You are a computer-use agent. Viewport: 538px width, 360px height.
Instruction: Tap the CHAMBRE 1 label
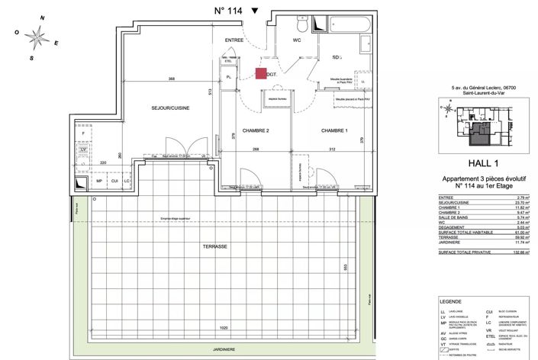coord(334,130)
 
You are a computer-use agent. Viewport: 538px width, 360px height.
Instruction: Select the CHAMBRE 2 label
coord(257,130)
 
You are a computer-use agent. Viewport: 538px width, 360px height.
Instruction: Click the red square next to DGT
coord(261,74)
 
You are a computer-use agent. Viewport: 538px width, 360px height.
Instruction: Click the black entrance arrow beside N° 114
coord(255,11)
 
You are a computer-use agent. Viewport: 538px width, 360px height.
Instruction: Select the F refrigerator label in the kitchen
coord(82,133)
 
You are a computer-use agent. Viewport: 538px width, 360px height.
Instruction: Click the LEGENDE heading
coord(446,302)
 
